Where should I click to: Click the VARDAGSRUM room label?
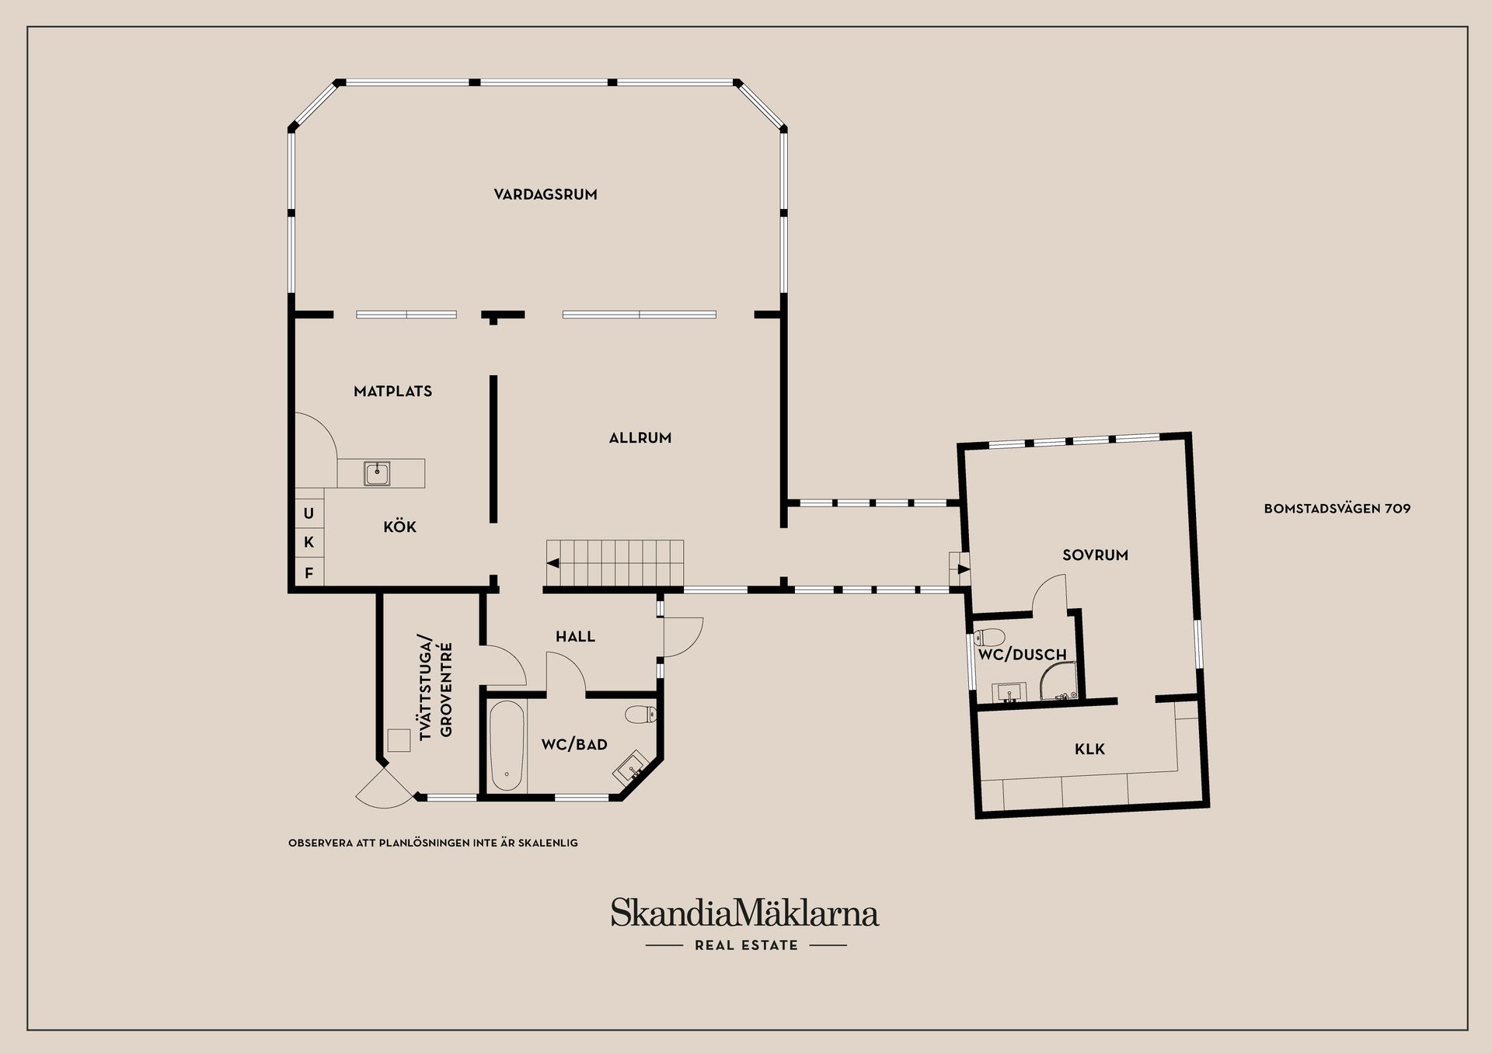click(546, 194)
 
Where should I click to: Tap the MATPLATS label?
click(392, 391)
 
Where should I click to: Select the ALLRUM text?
click(640, 438)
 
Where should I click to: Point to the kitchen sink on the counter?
click(377, 473)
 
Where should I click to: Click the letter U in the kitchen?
click(309, 513)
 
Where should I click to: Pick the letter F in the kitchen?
click(309, 573)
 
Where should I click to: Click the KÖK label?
click(400, 527)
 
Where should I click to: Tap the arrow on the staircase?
click(553, 563)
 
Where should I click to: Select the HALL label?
click(575, 637)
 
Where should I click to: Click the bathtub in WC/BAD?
click(507, 746)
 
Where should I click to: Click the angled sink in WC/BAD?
click(631, 767)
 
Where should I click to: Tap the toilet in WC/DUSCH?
click(989, 638)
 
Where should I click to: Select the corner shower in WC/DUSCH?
click(1058, 680)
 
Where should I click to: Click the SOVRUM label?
click(1095, 555)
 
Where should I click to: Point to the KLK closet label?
click(1089, 750)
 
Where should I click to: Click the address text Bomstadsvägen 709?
click(1337, 509)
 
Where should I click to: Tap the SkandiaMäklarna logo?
click(744, 913)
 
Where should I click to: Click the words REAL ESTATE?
click(746, 945)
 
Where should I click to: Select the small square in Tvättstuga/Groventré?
click(399, 740)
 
